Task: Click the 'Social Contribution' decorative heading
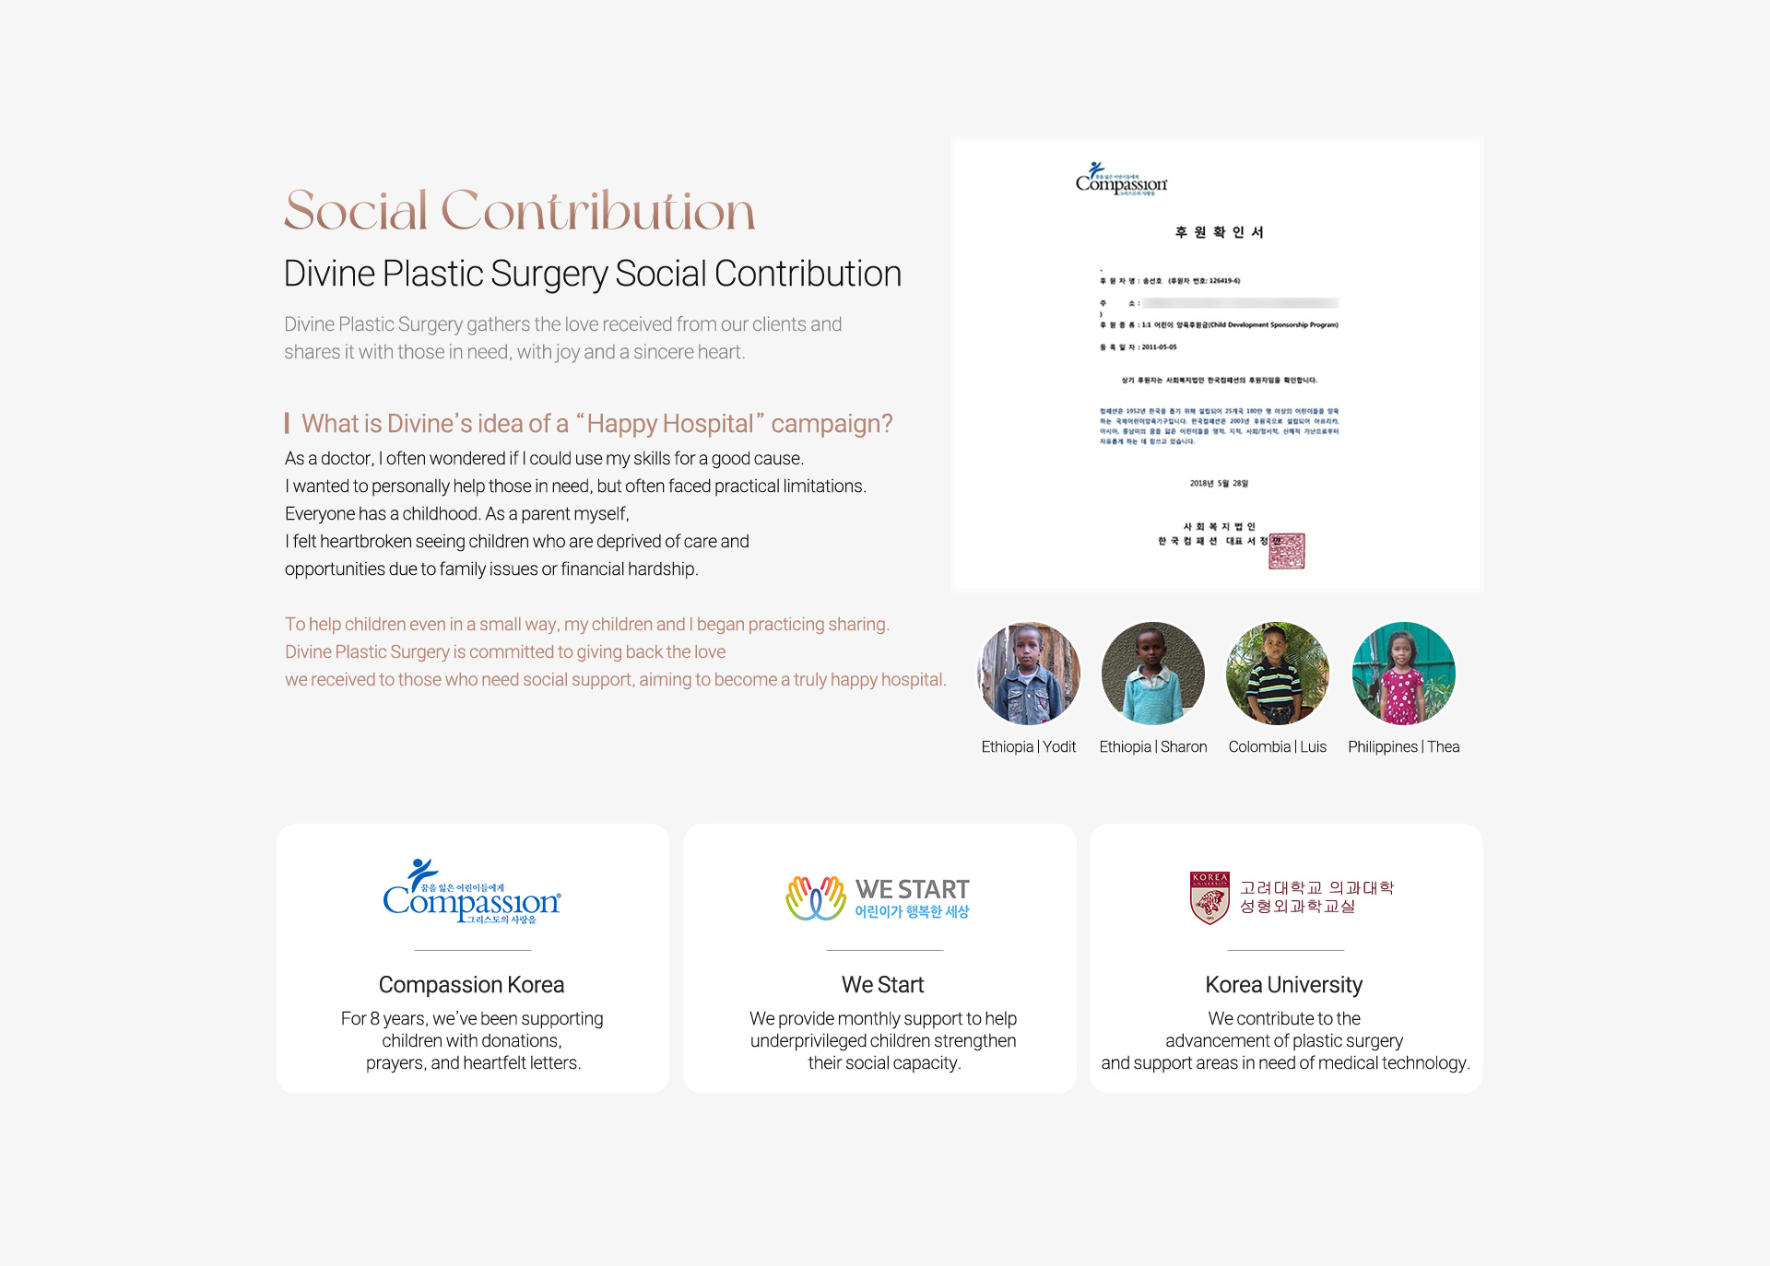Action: [519, 211]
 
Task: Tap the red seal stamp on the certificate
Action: [1287, 551]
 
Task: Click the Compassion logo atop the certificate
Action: [1121, 179]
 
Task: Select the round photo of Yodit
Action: [1029, 674]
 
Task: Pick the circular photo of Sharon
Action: [1153, 674]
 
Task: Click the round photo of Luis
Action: [1278, 674]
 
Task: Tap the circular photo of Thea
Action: [1403, 674]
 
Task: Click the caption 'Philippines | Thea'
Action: [1403, 747]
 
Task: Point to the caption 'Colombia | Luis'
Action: [1277, 747]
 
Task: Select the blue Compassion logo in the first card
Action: [472, 893]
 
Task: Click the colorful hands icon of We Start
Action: [816, 898]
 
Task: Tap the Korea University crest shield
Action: [1209, 897]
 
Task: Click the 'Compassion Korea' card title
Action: [471, 985]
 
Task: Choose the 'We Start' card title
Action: [882, 985]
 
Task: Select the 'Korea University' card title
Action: [1283, 985]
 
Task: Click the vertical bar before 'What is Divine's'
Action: [287, 424]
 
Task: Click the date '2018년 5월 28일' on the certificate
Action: [1219, 483]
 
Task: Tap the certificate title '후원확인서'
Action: [1219, 232]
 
